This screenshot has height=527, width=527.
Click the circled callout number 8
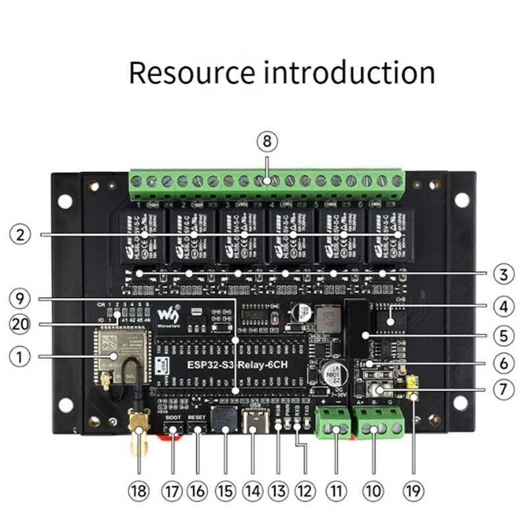[266, 142]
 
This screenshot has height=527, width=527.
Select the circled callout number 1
[21, 356]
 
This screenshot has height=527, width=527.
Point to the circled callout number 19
[414, 490]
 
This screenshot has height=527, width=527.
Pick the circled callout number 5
[504, 335]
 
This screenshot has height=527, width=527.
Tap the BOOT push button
[173, 430]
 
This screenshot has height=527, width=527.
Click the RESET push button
[197, 430]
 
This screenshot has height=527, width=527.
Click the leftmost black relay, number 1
[140, 235]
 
